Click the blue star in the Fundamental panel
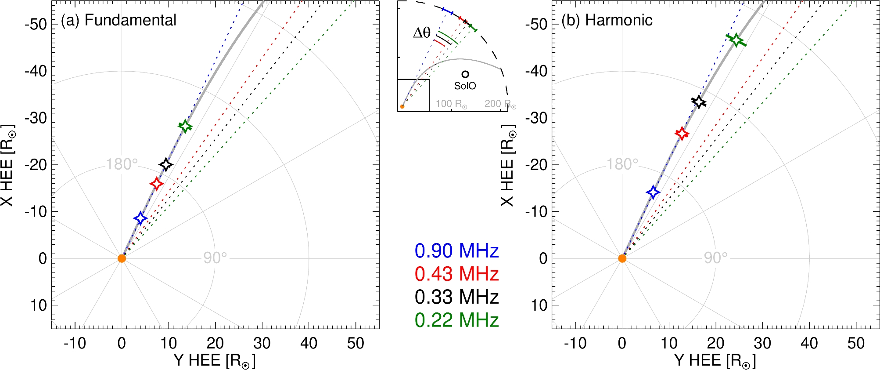point(140,218)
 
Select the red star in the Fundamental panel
point(157,183)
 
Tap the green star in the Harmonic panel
point(736,40)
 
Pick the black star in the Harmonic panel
point(699,102)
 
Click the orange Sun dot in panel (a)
point(122,258)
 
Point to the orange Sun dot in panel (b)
point(622,258)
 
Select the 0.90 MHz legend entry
point(456,251)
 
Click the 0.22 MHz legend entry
point(456,320)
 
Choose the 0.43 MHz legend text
point(456,274)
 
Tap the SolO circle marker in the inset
point(465,75)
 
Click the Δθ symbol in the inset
point(422,33)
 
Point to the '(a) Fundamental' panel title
point(119,20)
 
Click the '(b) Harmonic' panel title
point(607,20)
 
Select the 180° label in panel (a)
point(122,164)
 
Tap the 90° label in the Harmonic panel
point(715,258)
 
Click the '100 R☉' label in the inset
point(451,104)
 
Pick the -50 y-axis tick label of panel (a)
point(36,24)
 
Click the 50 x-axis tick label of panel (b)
point(855,344)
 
